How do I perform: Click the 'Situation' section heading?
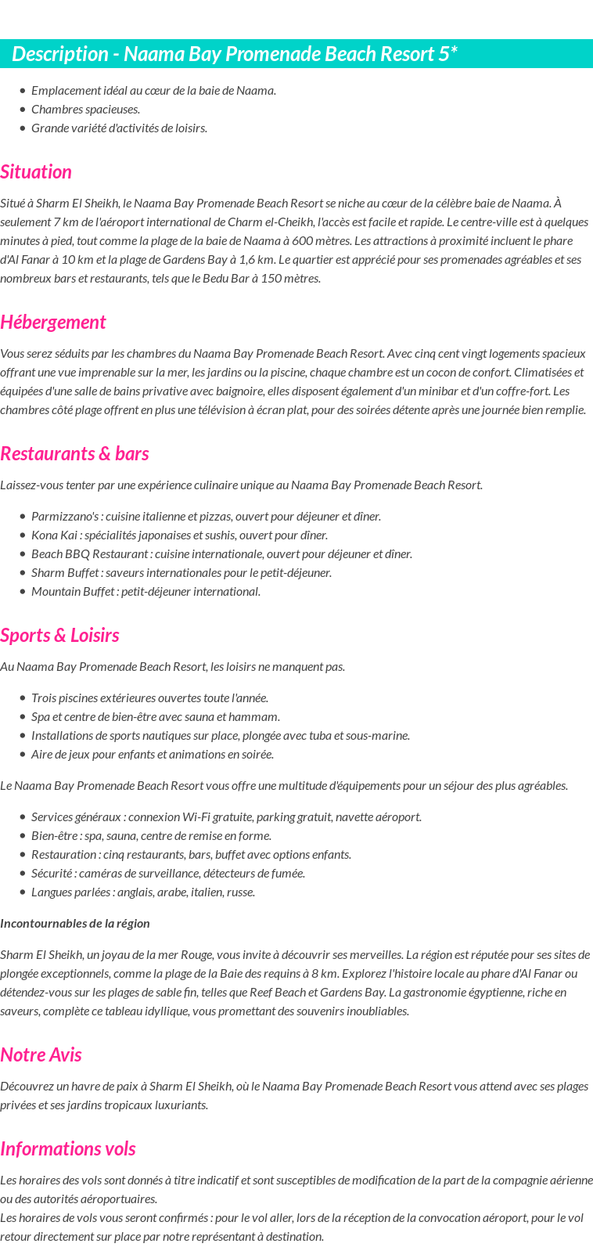[x=36, y=172]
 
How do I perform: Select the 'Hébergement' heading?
[x=52, y=323]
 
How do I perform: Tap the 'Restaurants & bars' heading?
[x=74, y=454]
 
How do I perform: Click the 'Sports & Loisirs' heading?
[x=59, y=636]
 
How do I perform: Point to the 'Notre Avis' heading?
[x=41, y=1055]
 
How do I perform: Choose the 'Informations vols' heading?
[x=68, y=1149]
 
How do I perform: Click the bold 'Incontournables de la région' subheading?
[x=75, y=924]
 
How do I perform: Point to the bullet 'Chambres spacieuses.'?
[x=86, y=110]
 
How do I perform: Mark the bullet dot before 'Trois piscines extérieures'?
[x=23, y=698]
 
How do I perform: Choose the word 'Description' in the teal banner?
[x=60, y=54]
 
